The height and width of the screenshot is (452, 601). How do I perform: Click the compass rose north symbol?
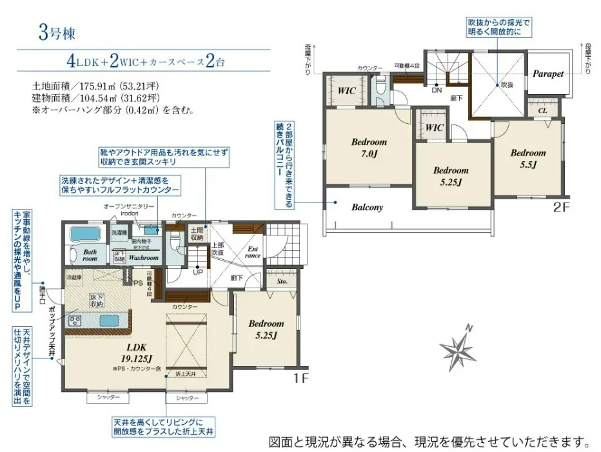pyautogui.click(x=458, y=349)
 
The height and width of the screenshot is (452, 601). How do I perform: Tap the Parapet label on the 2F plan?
pyautogui.click(x=548, y=74)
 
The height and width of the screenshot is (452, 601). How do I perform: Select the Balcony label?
pyautogui.click(x=368, y=208)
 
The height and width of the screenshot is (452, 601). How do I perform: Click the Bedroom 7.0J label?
pyautogui.click(x=369, y=147)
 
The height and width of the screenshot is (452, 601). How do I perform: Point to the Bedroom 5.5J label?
pyautogui.click(x=528, y=159)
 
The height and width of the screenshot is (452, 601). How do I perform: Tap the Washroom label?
pyautogui.click(x=143, y=257)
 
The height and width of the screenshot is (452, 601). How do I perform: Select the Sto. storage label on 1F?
pyautogui.click(x=282, y=281)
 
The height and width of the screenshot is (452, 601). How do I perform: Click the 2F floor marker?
pyautogui.click(x=562, y=208)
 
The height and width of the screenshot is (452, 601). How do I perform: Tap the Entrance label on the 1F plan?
pyautogui.click(x=253, y=251)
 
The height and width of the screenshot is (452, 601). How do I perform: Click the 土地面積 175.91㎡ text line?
pyautogui.click(x=103, y=84)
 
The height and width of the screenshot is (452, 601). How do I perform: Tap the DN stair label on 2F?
pyautogui.click(x=437, y=90)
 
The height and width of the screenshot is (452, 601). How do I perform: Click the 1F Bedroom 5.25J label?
pyautogui.click(x=266, y=329)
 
